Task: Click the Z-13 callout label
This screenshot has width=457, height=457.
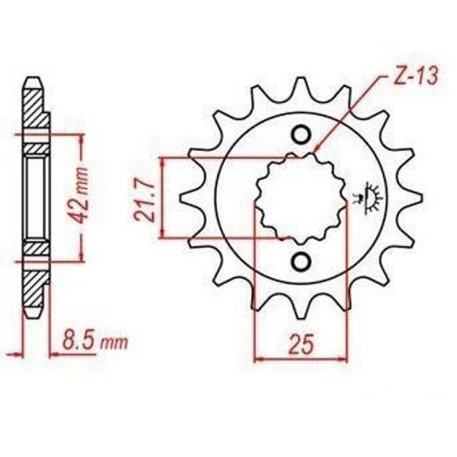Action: (x=417, y=76)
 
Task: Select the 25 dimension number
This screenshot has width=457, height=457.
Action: (x=301, y=344)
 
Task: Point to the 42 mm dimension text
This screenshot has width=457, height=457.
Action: (x=80, y=195)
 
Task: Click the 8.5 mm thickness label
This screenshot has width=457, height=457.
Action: (x=95, y=341)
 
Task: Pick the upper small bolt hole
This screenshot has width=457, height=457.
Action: (x=301, y=135)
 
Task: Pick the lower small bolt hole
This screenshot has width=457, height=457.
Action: (x=301, y=261)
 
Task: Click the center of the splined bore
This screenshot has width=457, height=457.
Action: (x=301, y=198)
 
